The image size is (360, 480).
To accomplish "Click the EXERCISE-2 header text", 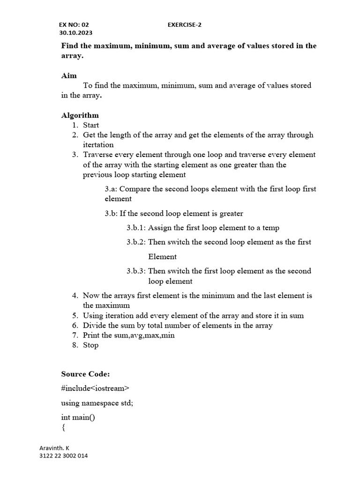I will click(x=185, y=24).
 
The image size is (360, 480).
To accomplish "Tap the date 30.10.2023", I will click(x=75, y=33).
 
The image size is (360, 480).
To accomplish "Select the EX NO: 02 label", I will click(x=73, y=24).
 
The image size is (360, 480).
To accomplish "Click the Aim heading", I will click(x=69, y=75).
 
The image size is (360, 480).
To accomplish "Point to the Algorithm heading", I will click(x=80, y=115).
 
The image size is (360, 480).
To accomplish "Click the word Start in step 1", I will click(x=91, y=125).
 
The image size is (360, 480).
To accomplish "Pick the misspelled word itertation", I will click(x=98, y=145).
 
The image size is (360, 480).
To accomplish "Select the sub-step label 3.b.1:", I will click(x=136, y=228).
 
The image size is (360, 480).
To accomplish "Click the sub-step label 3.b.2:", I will click(x=136, y=242).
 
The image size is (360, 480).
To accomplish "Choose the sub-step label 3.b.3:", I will click(x=136, y=271).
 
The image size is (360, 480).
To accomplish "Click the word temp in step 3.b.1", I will click(x=271, y=228).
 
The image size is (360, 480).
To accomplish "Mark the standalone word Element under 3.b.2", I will click(x=163, y=256).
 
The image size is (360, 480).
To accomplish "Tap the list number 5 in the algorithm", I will click(x=75, y=315).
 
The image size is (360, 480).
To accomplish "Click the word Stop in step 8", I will click(x=90, y=345).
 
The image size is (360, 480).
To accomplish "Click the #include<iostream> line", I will click(x=95, y=388).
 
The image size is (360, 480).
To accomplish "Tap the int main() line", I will click(x=78, y=417).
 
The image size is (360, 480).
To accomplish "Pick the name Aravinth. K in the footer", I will click(x=54, y=448).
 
